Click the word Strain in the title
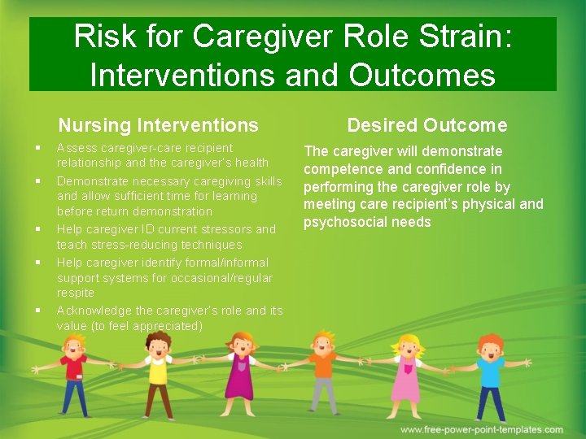(466, 37)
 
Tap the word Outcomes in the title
(422, 75)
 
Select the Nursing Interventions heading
(158, 125)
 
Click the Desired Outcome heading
(426, 125)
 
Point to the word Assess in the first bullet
(77, 148)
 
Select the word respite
(76, 293)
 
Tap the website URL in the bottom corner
(481, 429)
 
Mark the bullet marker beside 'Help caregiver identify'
(38, 263)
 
